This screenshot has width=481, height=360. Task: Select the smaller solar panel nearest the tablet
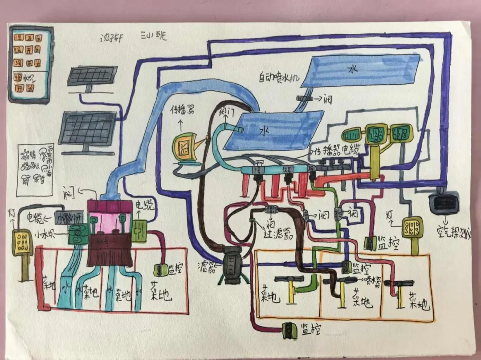[92, 76]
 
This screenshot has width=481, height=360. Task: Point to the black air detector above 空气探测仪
[444, 204]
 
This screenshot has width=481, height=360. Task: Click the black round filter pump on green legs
[231, 266]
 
